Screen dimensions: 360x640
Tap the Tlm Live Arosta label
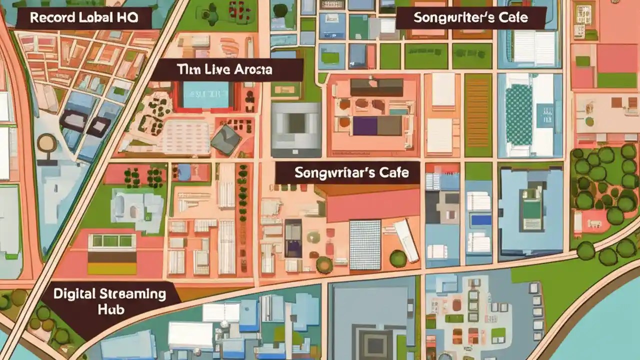225,70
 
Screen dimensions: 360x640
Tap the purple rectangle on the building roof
364,126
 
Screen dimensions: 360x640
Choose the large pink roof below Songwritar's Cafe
372,205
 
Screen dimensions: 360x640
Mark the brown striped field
478,115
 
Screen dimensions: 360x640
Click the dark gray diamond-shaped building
226,139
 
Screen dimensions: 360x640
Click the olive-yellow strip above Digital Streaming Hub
112,268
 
